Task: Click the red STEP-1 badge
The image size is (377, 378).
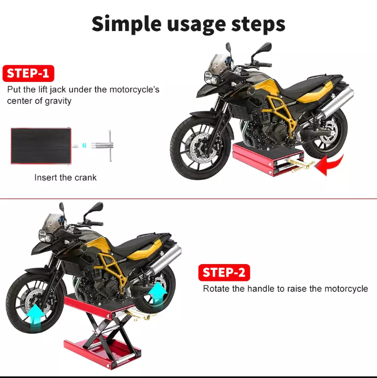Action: click(x=28, y=73)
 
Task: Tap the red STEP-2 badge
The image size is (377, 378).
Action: click(x=224, y=272)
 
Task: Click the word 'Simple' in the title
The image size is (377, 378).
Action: click(x=127, y=24)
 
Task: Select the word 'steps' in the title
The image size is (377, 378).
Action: click(x=258, y=25)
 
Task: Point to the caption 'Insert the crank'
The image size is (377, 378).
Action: click(x=65, y=177)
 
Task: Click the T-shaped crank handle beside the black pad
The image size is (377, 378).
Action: click(x=102, y=145)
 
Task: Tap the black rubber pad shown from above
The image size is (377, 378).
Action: click(x=41, y=146)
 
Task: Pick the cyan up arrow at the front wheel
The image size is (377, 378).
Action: click(x=35, y=317)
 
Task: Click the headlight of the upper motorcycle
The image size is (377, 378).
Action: click(x=210, y=77)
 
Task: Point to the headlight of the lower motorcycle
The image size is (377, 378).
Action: click(x=45, y=236)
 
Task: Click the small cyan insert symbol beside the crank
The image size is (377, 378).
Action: click(x=84, y=145)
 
